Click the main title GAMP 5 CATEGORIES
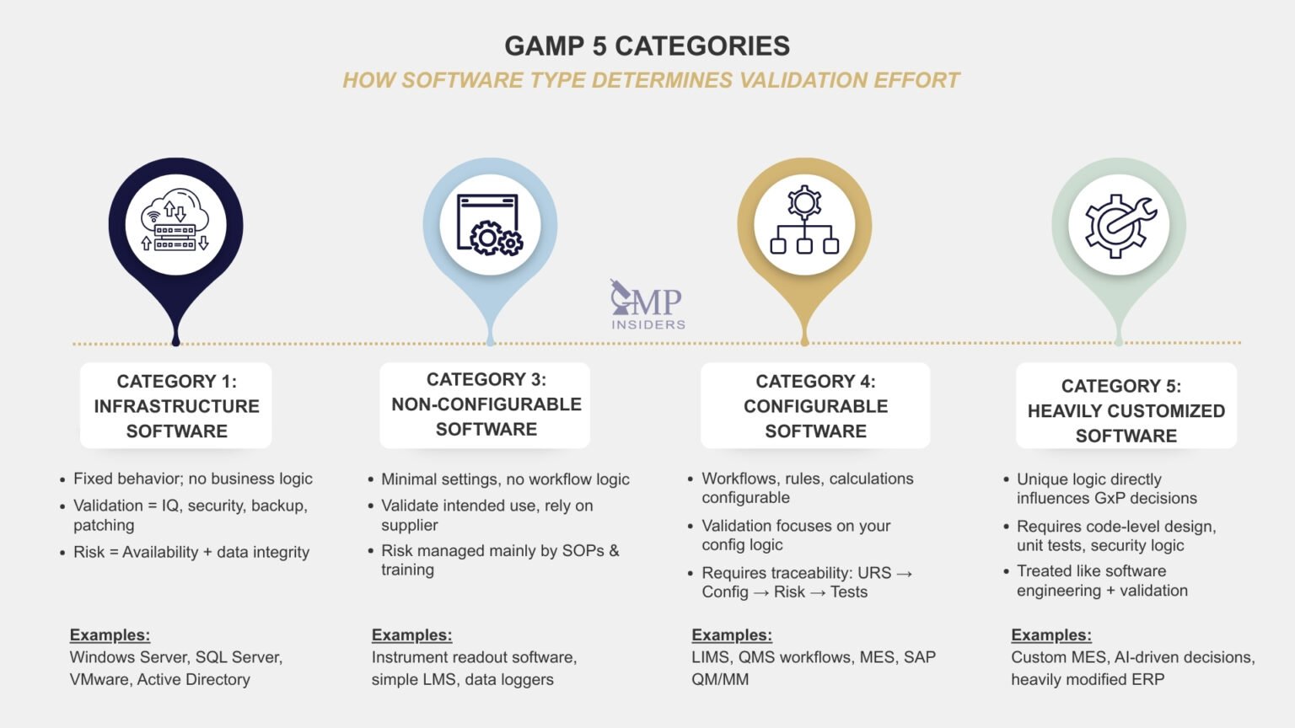click(647, 45)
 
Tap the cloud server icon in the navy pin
click(175, 224)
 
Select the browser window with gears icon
click(489, 224)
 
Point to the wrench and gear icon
click(1119, 224)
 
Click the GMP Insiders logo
click(647, 305)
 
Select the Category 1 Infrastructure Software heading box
click(176, 405)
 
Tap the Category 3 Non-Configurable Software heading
click(486, 404)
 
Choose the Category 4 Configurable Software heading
click(815, 405)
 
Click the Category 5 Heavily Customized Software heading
click(1126, 410)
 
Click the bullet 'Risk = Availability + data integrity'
click(191, 552)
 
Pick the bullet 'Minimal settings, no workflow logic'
click(505, 479)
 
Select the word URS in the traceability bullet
click(873, 573)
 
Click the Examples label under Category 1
click(110, 635)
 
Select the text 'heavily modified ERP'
click(1088, 679)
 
